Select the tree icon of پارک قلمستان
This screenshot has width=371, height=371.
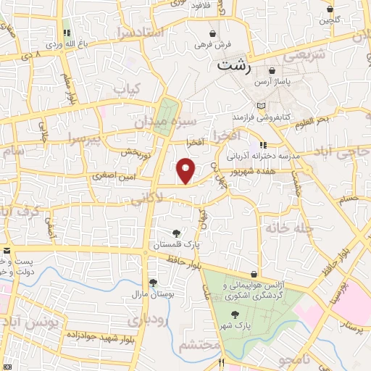click(176, 233)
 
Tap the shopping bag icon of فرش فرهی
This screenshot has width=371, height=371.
click(212, 33)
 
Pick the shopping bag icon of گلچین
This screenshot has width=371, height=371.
click(330, 9)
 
